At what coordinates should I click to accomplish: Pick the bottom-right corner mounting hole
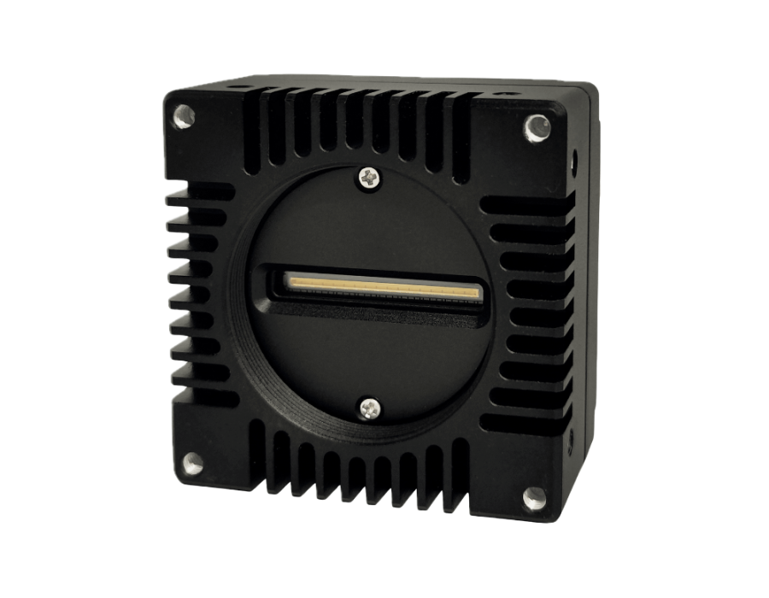pos(533,496)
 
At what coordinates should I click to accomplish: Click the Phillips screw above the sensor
pos(369,177)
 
